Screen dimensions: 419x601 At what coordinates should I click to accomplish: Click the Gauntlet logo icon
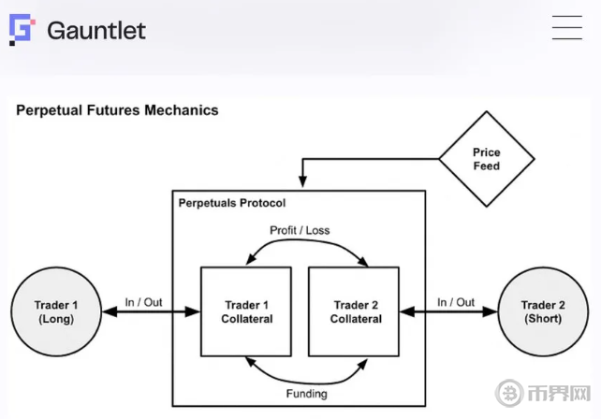tap(21, 30)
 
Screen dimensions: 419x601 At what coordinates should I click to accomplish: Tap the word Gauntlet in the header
tap(96, 30)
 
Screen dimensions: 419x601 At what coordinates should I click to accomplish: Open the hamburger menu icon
tap(566, 28)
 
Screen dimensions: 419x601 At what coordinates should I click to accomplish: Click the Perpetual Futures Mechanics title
tap(117, 110)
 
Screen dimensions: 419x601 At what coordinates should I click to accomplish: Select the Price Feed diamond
tap(486, 159)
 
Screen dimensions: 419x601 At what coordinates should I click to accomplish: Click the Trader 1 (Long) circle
tap(55, 311)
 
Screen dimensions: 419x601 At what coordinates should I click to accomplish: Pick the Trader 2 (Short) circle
tap(543, 311)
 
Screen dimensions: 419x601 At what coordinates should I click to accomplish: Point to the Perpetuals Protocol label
tap(231, 202)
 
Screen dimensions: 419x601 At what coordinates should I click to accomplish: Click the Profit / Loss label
tap(300, 230)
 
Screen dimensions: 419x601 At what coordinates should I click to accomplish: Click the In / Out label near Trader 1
tap(143, 302)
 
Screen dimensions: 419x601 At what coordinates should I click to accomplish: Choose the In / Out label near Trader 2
tap(456, 302)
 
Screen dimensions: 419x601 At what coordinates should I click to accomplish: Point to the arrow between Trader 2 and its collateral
tap(448, 313)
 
